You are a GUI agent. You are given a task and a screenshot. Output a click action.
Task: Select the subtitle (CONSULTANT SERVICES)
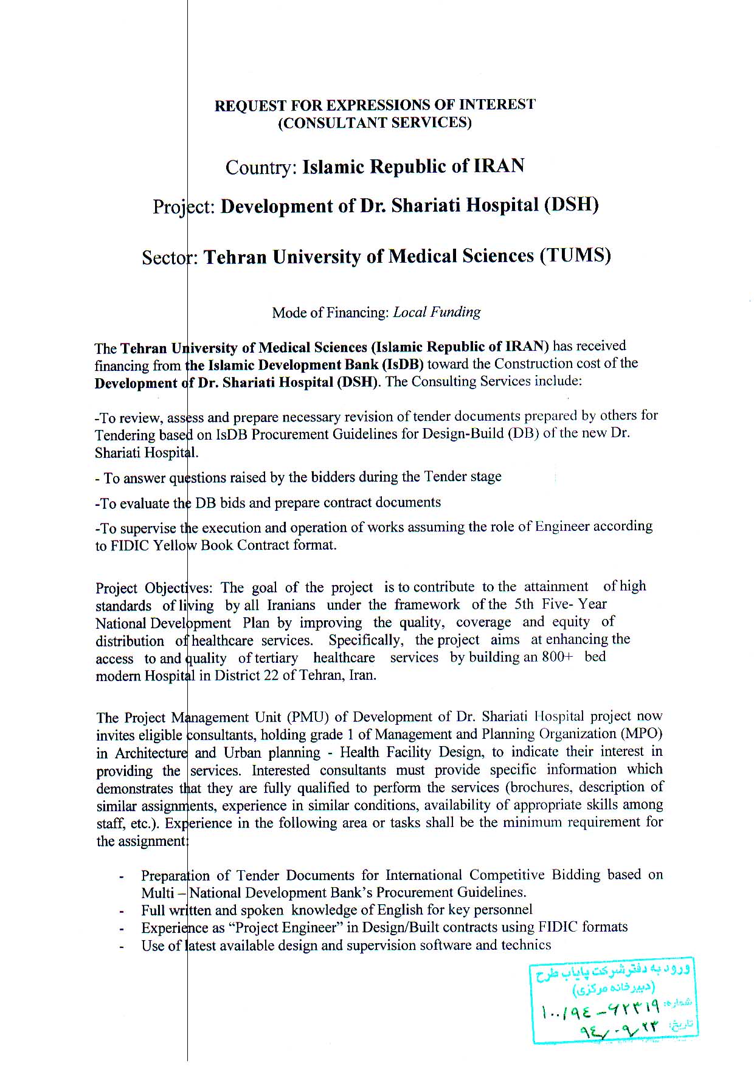coord(375,123)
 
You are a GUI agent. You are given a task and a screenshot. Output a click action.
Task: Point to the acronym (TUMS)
coord(575,255)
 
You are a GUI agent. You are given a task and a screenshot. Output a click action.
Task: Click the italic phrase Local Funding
coord(437,313)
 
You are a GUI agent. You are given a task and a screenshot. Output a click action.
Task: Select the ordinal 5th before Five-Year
coord(524,604)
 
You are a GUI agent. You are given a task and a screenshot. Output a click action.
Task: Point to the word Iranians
coord(291,606)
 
